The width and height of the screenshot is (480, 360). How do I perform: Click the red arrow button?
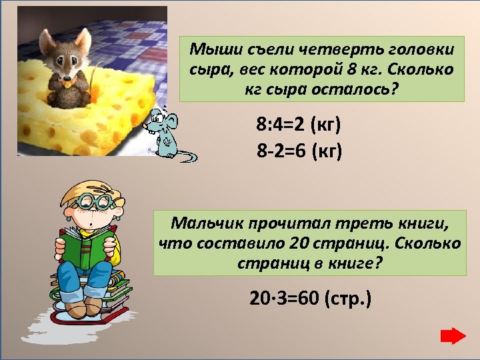[453, 335]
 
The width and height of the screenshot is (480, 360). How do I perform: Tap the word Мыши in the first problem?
[211, 49]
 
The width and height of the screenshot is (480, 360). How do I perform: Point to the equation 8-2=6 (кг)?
[299, 151]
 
